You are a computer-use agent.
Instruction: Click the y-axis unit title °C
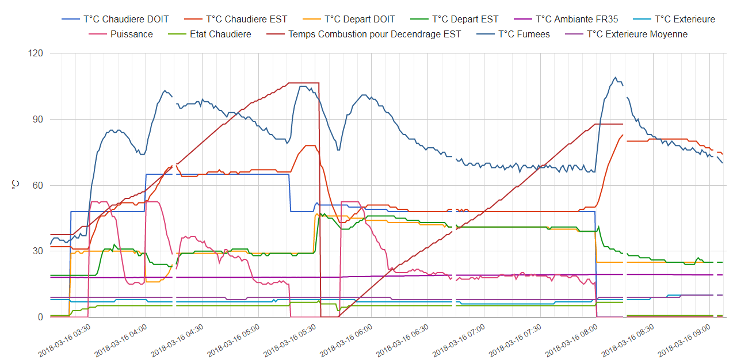(16, 185)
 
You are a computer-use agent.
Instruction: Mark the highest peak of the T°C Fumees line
(615, 78)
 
